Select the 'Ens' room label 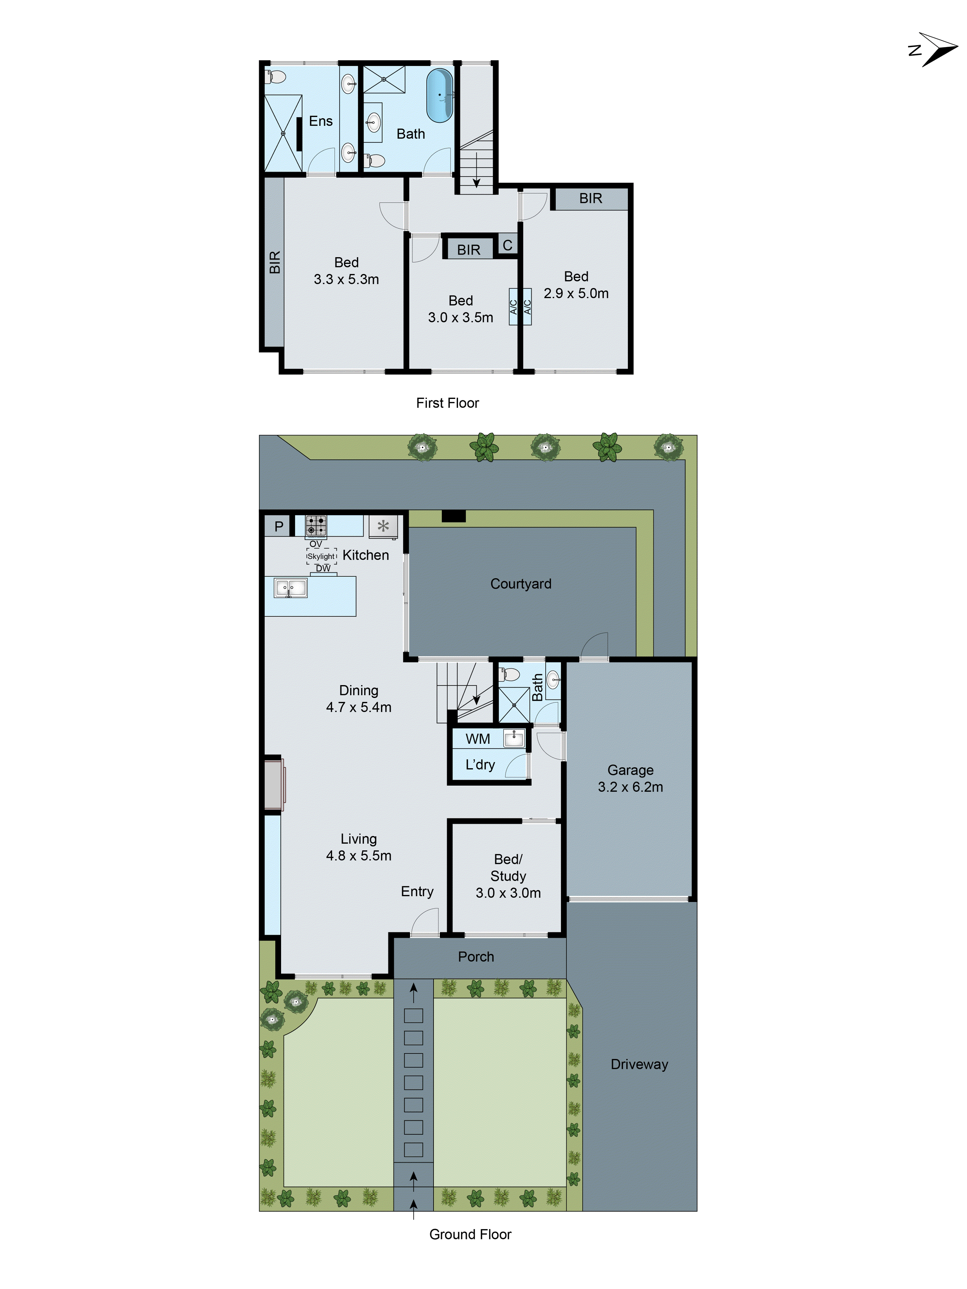[x=321, y=121]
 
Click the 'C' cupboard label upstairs [x=507, y=245]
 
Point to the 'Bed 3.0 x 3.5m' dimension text [x=461, y=318]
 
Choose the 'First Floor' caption [x=447, y=403]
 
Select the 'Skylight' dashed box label [x=321, y=557]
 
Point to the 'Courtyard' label [x=521, y=584]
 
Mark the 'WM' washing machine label [x=477, y=739]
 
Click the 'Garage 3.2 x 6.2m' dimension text [x=630, y=787]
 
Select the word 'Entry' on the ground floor [x=417, y=892]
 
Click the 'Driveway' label [x=639, y=1064]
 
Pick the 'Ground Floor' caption [x=470, y=1234]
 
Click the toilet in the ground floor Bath [x=509, y=675]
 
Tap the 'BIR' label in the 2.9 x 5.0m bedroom [x=591, y=199]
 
